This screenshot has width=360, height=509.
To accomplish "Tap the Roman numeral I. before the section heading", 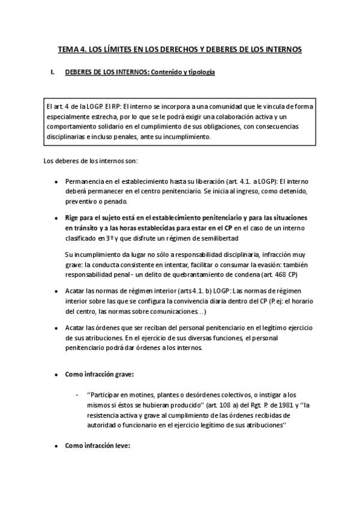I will [x=52, y=73].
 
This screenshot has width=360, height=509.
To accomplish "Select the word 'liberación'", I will [x=220, y=181].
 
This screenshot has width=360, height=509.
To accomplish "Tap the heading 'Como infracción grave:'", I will [x=99, y=374].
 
